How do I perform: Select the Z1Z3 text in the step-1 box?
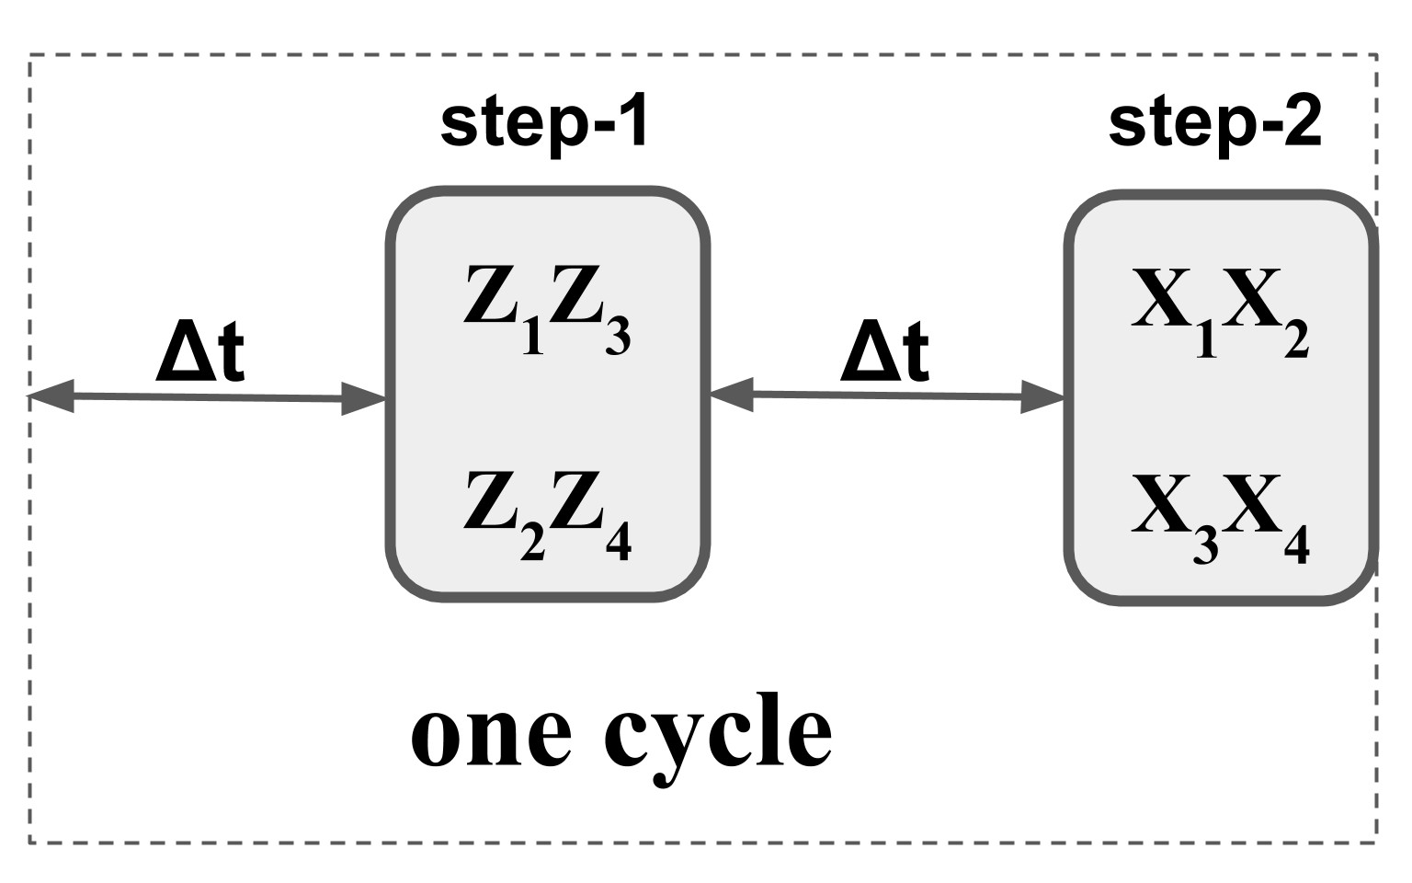click(546, 307)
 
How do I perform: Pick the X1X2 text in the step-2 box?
click(1219, 311)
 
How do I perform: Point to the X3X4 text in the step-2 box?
click(1219, 517)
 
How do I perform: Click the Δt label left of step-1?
click(200, 352)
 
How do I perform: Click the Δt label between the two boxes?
click(884, 352)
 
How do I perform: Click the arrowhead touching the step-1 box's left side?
click(364, 399)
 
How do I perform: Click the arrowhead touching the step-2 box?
click(1043, 397)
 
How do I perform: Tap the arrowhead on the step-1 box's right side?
click(732, 395)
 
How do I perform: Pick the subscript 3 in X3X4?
click(1206, 545)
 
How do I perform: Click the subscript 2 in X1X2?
click(1295, 341)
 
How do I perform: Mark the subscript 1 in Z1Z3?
click(532, 338)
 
